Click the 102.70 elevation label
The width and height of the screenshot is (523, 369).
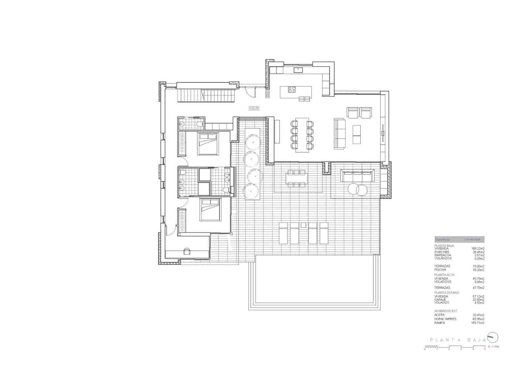254,108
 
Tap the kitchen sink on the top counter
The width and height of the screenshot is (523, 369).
298,70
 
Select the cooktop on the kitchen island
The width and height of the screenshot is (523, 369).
292,89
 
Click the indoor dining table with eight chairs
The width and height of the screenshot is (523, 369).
302,135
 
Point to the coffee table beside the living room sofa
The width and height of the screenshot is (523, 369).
357,135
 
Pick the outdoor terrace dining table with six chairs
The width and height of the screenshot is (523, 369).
297,178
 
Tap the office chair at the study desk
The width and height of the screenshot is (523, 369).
187,251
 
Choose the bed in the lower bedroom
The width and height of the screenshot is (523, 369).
210,209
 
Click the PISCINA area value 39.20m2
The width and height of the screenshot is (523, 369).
478,270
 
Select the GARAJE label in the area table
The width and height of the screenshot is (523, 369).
440,299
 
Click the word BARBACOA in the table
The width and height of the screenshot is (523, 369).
443,255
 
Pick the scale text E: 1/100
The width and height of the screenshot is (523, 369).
494,346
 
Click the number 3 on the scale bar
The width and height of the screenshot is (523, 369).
461,349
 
